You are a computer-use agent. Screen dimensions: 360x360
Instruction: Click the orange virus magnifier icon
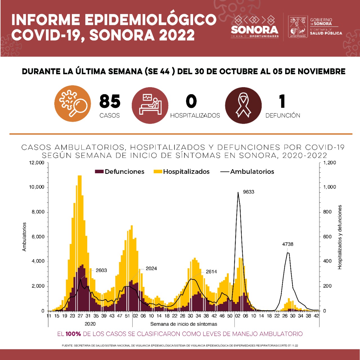click(x=73, y=103)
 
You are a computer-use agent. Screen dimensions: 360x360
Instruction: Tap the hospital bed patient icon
click(x=150, y=105)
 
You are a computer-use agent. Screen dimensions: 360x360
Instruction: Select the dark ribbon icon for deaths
click(x=243, y=105)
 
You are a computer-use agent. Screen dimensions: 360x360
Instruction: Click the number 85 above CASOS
click(x=110, y=102)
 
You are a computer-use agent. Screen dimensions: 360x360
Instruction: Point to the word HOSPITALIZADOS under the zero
click(x=195, y=116)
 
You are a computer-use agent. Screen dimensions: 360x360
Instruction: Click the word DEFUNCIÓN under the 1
click(x=283, y=116)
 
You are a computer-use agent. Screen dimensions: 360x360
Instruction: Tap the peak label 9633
click(x=249, y=192)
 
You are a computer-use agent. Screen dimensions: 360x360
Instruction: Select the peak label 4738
click(x=288, y=244)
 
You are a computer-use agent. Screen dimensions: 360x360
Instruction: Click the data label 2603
click(x=101, y=270)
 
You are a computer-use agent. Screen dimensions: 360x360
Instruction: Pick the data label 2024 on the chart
click(x=151, y=269)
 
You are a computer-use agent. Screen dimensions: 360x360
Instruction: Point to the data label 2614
click(x=211, y=272)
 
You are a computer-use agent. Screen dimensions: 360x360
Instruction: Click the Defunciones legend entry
click(x=120, y=172)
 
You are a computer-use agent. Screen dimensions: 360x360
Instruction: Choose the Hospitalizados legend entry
click(x=182, y=172)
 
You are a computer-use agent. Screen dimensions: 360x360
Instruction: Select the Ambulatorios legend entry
click(x=247, y=172)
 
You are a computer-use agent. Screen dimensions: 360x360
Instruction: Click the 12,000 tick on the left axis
click(x=37, y=163)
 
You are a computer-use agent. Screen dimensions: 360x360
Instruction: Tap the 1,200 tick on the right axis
click(x=329, y=163)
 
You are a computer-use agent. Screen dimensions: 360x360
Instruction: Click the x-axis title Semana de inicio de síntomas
click(x=184, y=324)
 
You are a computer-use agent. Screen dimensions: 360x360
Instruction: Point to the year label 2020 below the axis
click(x=90, y=324)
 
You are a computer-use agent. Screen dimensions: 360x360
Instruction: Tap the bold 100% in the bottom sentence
click(x=73, y=334)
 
